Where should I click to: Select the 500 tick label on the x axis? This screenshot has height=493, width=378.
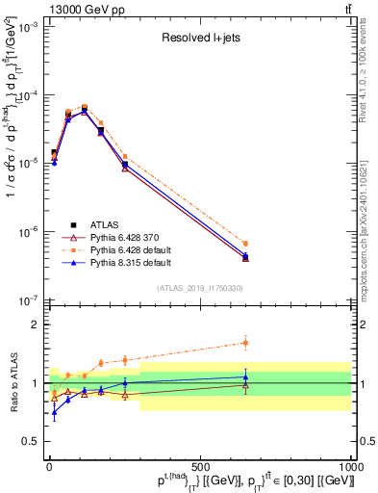pyautogui.click(x=200, y=466)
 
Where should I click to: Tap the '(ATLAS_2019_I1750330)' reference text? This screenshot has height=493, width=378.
pyautogui.click(x=200, y=288)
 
